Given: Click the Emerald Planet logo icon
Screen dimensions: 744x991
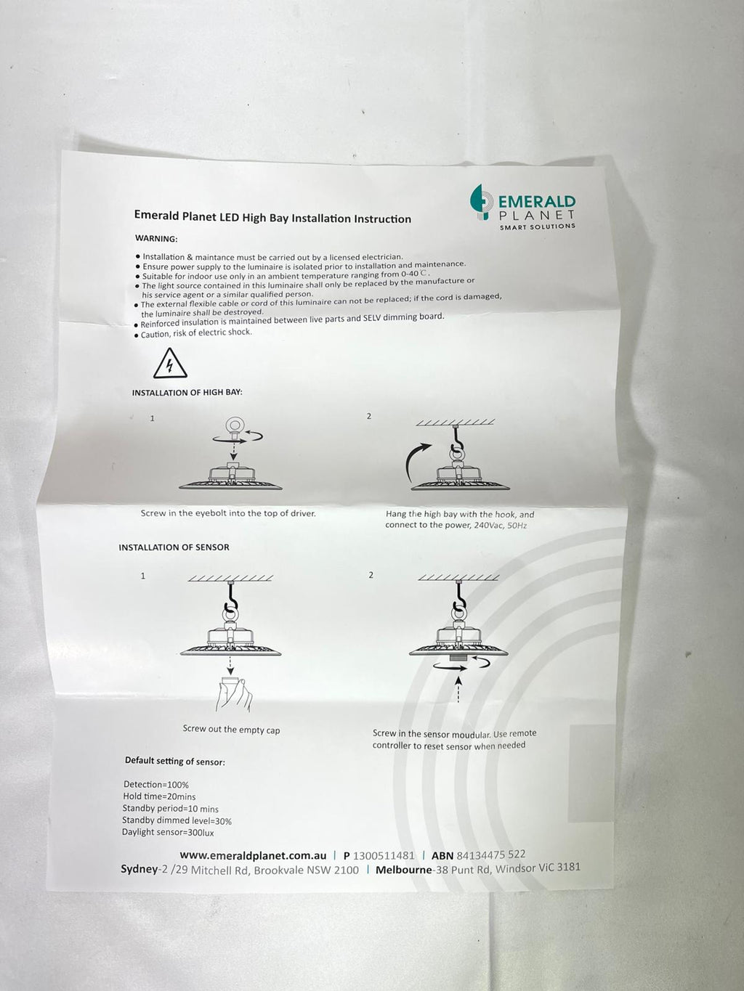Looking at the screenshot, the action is click(x=482, y=203).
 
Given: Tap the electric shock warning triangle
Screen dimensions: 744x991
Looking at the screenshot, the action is click(x=170, y=364).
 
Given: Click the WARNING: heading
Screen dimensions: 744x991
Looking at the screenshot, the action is click(x=156, y=238).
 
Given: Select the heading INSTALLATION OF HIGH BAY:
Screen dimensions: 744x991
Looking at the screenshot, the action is click(x=187, y=392).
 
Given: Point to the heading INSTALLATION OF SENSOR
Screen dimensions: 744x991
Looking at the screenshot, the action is click(x=174, y=547).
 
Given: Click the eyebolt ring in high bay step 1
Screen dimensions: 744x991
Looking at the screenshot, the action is click(x=235, y=425).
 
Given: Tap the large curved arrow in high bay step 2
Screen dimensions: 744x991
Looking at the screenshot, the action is click(x=416, y=462).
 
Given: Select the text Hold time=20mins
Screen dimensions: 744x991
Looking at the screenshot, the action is click(x=159, y=796).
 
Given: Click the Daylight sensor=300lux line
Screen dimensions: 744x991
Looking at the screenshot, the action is click(x=168, y=832).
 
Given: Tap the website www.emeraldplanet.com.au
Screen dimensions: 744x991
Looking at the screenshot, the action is click(x=253, y=855).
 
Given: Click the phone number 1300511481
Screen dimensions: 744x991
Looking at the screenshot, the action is click(x=384, y=855).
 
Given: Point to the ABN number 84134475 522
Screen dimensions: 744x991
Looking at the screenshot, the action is click(x=491, y=855).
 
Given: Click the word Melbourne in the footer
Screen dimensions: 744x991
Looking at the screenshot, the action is click(x=403, y=870).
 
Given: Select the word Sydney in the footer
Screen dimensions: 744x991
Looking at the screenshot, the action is click(x=139, y=870).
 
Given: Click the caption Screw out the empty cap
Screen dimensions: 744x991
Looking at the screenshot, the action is click(x=231, y=730).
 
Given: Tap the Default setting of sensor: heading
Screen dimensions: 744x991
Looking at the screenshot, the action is click(x=175, y=761).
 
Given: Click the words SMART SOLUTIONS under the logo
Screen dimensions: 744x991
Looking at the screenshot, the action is click(x=538, y=227).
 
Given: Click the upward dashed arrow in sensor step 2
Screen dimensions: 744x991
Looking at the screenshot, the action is click(x=458, y=689).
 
